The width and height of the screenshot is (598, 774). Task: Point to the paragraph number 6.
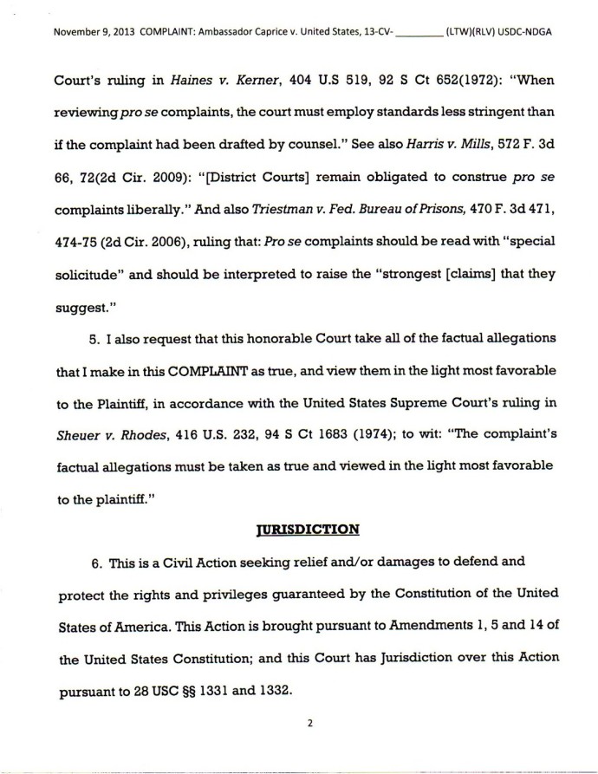coord(95,561)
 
